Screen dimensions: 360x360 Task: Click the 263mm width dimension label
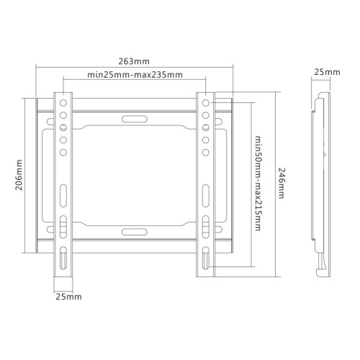click(x=134, y=61)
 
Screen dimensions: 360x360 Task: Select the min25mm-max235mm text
click(x=135, y=75)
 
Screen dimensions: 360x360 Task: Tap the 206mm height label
click(x=19, y=175)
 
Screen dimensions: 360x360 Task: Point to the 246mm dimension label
click(x=282, y=183)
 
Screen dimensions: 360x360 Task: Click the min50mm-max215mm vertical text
click(x=258, y=184)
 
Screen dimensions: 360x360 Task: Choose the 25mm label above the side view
click(x=327, y=72)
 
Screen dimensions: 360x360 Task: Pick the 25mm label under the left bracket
click(x=68, y=297)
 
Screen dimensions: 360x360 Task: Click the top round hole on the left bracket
click(x=63, y=103)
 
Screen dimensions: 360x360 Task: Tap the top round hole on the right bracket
click(x=206, y=103)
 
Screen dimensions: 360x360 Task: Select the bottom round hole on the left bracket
click(x=63, y=153)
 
